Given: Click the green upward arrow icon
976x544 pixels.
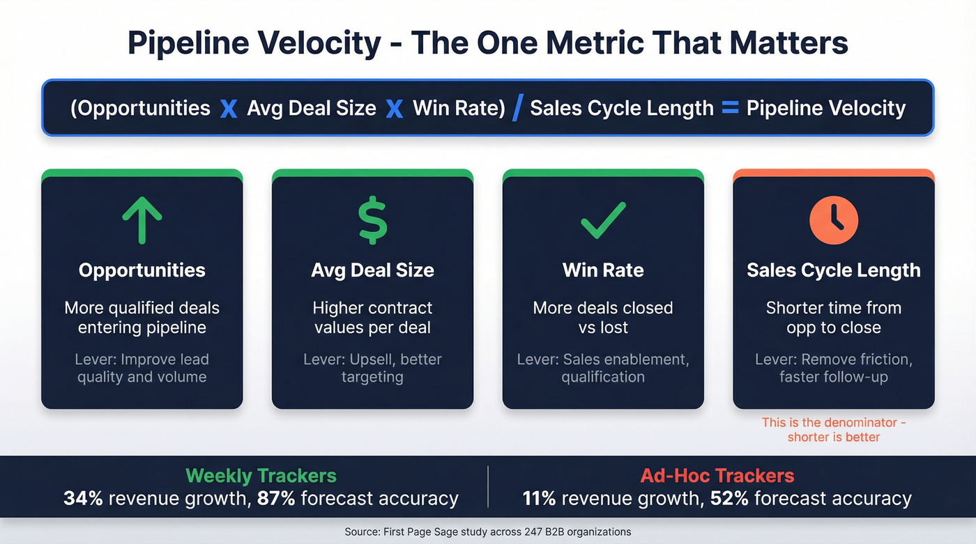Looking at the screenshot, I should pyautogui.click(x=142, y=219).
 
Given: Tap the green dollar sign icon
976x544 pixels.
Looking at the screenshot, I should pyautogui.click(x=373, y=219).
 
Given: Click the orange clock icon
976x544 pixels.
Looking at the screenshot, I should pyautogui.click(x=834, y=219).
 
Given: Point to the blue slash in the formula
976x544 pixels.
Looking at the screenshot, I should pyautogui.click(x=517, y=108).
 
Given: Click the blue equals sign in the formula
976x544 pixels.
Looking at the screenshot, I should pyautogui.click(x=730, y=108).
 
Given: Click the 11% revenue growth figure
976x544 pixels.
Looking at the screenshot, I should pyautogui.click(x=538, y=499).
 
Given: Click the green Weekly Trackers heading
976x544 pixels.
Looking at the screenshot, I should pyautogui.click(x=261, y=476).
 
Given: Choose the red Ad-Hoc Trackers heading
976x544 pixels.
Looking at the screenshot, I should pyautogui.click(x=717, y=476).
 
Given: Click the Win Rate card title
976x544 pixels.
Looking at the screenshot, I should pyautogui.click(x=603, y=270).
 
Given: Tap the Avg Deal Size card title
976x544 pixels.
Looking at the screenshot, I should pyautogui.click(x=372, y=270).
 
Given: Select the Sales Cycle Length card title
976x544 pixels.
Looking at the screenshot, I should pyautogui.click(x=834, y=270).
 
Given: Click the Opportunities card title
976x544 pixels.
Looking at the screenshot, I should pyautogui.click(x=142, y=270).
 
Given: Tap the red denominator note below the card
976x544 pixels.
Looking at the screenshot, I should pyautogui.click(x=834, y=430).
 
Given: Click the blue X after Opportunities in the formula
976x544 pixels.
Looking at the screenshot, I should pyautogui.click(x=228, y=109).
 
